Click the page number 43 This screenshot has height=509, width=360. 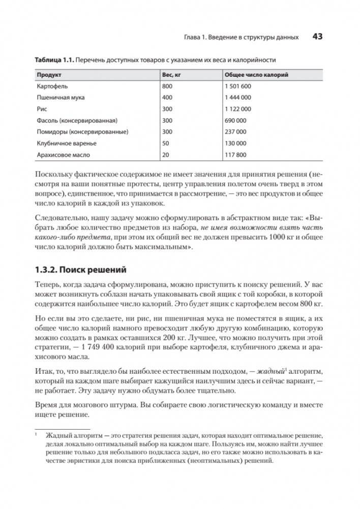pyautogui.click(x=318, y=37)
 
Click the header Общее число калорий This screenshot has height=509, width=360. pyautogui.click(x=256, y=75)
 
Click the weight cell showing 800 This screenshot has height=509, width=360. pyautogui.click(x=167, y=86)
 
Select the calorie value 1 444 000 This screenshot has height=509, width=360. pyautogui.click(x=237, y=98)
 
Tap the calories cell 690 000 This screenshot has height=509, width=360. pyautogui.click(x=235, y=121)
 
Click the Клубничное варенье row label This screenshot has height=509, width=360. pyautogui.click(x=66, y=143)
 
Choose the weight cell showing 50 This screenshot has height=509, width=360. pyautogui.click(x=166, y=143)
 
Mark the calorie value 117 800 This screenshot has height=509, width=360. pyautogui.click(x=235, y=155)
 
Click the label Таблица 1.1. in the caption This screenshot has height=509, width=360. pyautogui.click(x=54, y=60)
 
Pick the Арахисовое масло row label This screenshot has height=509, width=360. pyautogui.click(x=63, y=155)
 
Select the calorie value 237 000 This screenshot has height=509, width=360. pyautogui.click(x=235, y=132)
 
